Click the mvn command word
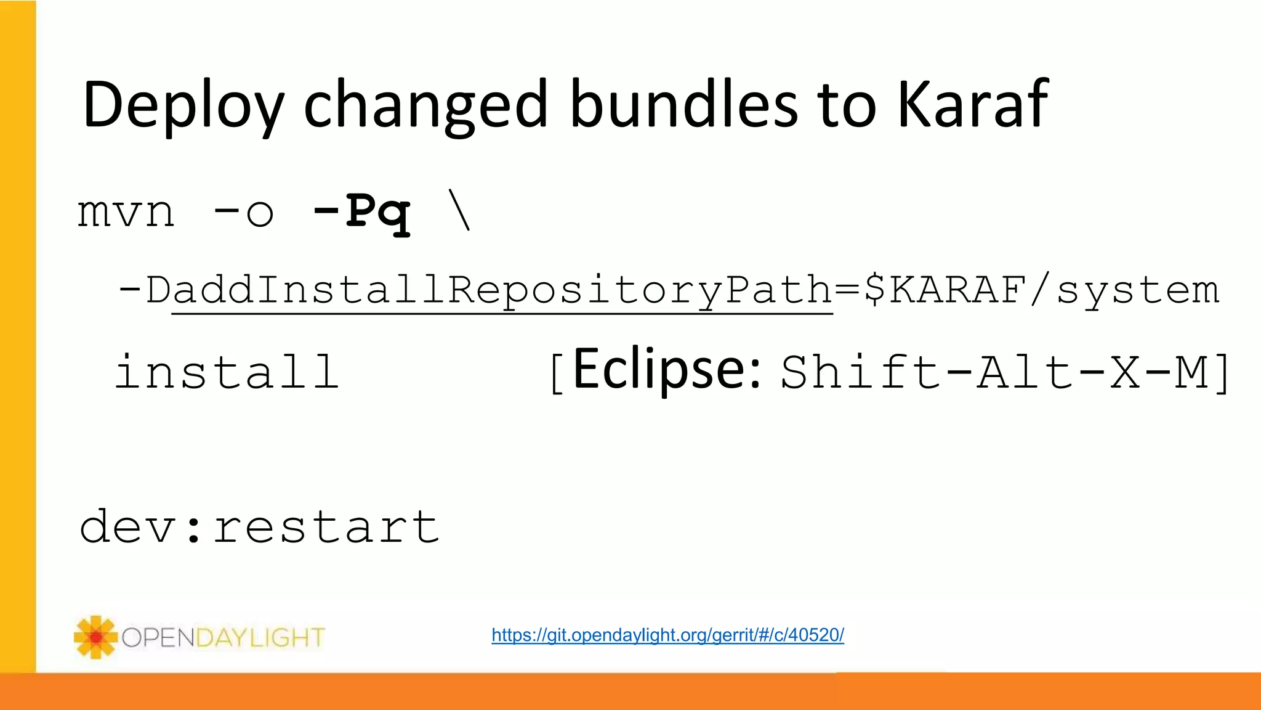[x=126, y=213]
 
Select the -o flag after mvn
[x=243, y=213]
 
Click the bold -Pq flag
[x=361, y=213]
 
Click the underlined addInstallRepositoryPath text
[x=502, y=290]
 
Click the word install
[x=227, y=372]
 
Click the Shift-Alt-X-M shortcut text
[x=994, y=372]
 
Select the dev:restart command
[x=259, y=527]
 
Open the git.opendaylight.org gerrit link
[x=667, y=635]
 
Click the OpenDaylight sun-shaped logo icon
[x=95, y=637]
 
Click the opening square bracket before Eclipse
[x=556, y=373]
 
